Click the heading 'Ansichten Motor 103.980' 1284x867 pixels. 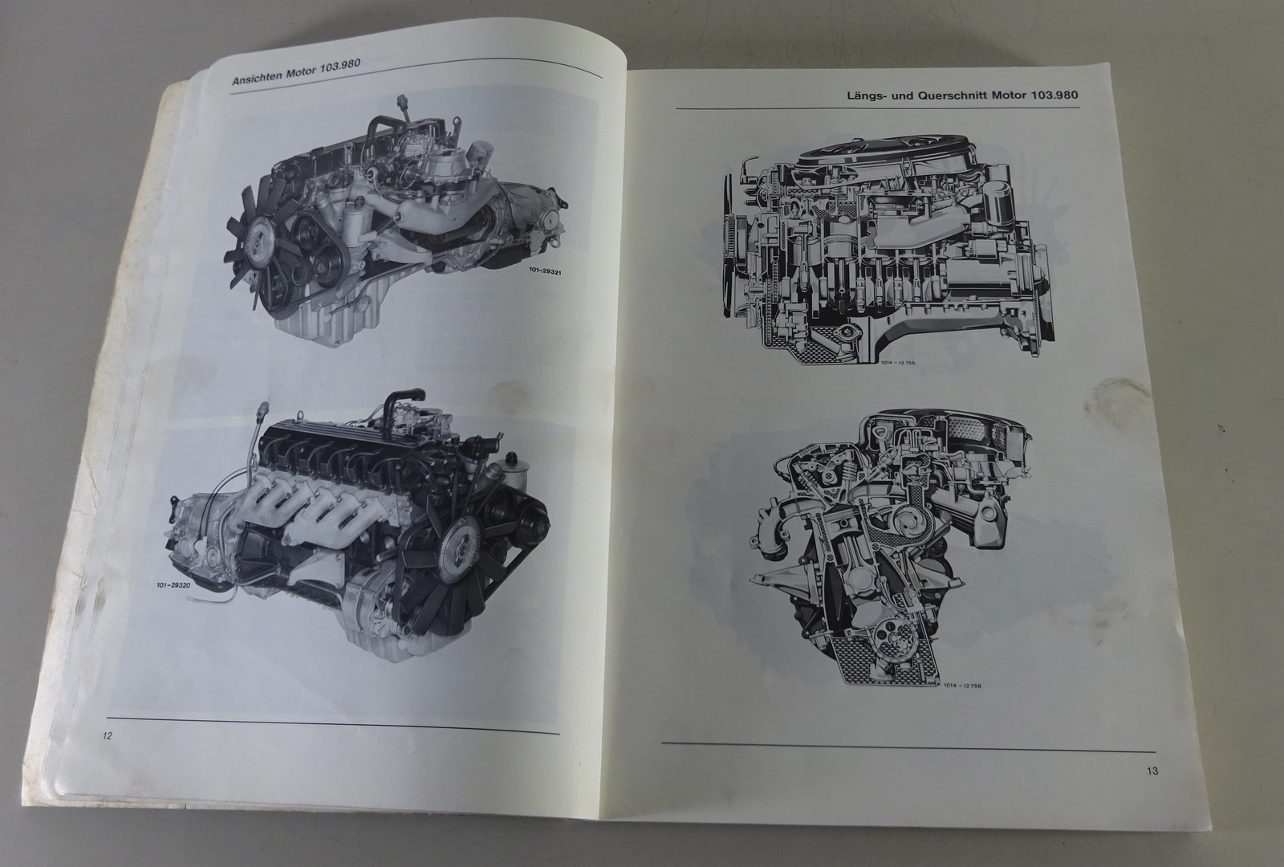pyautogui.click(x=296, y=71)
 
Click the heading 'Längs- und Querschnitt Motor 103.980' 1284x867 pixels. pyautogui.click(x=962, y=96)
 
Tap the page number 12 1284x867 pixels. pyautogui.click(x=108, y=736)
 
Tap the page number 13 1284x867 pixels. pyautogui.click(x=1152, y=771)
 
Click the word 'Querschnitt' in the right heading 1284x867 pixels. pyautogui.click(x=953, y=96)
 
